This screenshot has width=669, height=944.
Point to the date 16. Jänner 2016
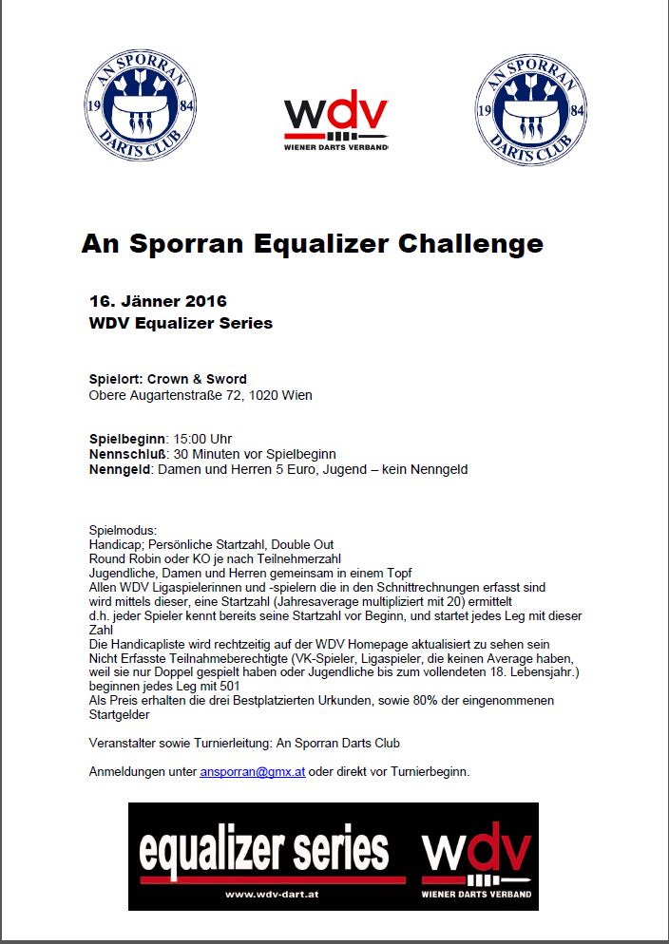coord(158,301)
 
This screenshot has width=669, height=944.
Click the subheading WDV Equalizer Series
coord(181,323)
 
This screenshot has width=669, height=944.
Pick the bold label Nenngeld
coord(120,469)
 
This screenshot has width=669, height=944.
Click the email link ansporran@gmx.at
coord(252,771)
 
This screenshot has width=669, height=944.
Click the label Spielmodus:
coord(123,530)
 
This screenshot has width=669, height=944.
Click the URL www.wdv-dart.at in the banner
coord(272,894)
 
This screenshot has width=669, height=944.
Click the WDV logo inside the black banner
coord(476,852)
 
